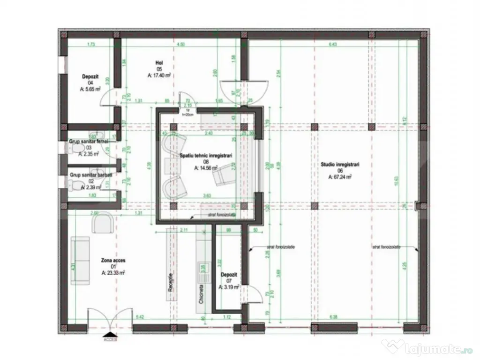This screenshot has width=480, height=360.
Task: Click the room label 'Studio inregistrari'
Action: [x=340, y=165]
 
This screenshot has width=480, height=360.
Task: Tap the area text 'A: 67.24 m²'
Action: [x=340, y=177]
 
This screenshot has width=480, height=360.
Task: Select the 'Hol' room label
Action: [x=159, y=62]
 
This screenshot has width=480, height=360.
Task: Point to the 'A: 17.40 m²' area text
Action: [x=158, y=75]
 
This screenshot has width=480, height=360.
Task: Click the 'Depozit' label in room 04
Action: [x=90, y=76]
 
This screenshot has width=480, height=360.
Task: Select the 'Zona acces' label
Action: [x=113, y=260]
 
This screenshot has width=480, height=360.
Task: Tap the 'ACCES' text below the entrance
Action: [x=110, y=339]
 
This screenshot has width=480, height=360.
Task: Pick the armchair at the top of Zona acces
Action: [x=102, y=222]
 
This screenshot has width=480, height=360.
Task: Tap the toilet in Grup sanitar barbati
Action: [x=74, y=186]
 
